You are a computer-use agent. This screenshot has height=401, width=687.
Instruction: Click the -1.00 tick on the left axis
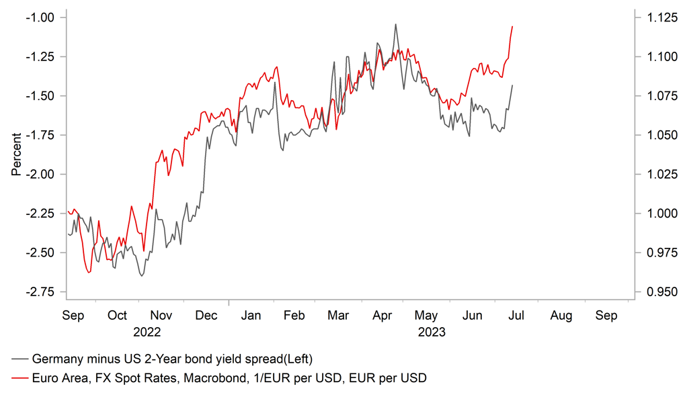point(42,17)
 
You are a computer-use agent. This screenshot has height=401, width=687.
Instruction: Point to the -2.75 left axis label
point(42,292)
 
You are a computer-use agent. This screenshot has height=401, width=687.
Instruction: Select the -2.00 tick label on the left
point(42,174)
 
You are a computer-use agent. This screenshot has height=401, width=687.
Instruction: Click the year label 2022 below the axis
point(147,332)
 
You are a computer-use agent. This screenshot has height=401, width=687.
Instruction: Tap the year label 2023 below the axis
point(432,332)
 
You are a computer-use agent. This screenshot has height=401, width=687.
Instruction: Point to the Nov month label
point(162,315)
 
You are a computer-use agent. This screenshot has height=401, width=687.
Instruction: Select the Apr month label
point(382,315)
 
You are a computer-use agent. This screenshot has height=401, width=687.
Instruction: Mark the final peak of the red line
point(512,26)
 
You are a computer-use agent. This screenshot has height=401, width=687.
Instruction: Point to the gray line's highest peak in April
point(395,24)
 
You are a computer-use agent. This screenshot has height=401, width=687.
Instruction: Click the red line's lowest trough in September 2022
point(89,273)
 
